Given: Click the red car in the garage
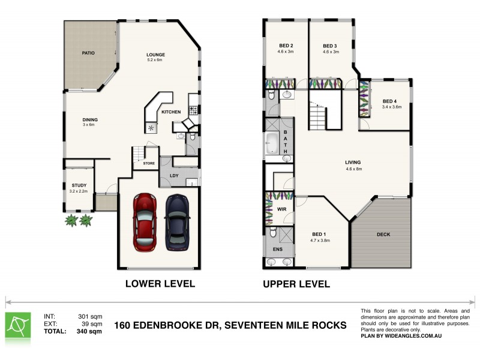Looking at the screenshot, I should [x=144, y=221].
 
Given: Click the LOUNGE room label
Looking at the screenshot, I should [x=155, y=55].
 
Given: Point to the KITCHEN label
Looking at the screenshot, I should [x=171, y=112].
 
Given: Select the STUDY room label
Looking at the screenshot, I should [x=79, y=185].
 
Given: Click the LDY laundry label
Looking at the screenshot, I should [x=175, y=175].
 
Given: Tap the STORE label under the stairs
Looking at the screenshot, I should [x=149, y=163].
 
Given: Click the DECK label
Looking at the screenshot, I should [x=383, y=235].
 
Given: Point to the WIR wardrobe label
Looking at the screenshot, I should [x=281, y=209].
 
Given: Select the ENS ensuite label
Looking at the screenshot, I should [x=278, y=248].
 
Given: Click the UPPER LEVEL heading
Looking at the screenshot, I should [x=296, y=284].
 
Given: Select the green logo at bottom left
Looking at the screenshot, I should [x=18, y=324].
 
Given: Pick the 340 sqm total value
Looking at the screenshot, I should [x=88, y=331].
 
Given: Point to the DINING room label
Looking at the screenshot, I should [x=90, y=119].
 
